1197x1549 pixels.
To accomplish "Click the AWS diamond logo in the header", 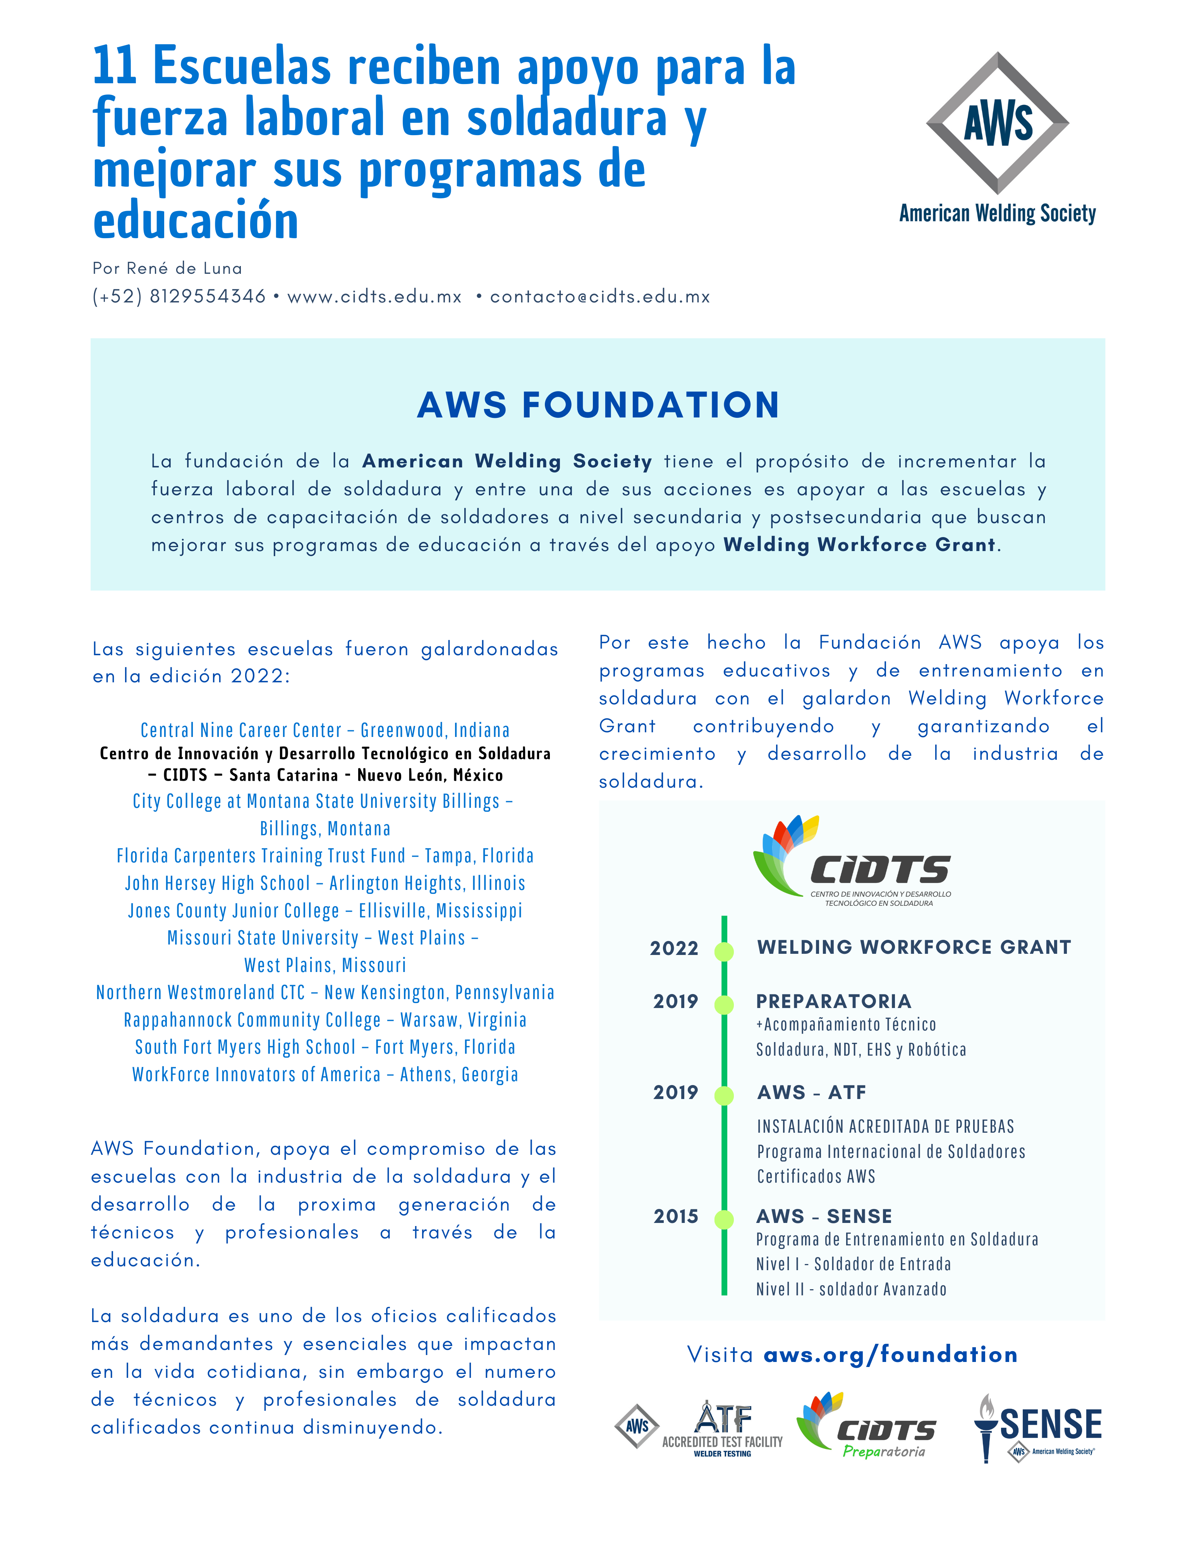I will pos(997,124).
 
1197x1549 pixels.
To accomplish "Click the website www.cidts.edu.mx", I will pos(374,297).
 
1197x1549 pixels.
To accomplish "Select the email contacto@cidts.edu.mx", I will pos(600,297).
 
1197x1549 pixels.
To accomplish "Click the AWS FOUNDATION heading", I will pos(598,406).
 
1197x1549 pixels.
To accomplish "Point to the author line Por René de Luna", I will pos(167,268).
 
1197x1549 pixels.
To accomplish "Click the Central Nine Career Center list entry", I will pos(325,730).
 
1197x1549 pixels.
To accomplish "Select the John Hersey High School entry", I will pos(325,883).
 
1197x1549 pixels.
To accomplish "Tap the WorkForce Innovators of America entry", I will pos(325,1075).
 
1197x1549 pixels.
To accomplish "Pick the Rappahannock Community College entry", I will pos(325,1020).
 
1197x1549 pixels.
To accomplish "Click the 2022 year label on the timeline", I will pos(674,948).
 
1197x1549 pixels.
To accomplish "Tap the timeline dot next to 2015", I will pos(724,1220).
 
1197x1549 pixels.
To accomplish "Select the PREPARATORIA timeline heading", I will pos(833,1001).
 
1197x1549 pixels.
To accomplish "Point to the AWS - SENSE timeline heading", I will pos(824,1216).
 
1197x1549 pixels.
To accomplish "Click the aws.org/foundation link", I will pos(890,1355).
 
